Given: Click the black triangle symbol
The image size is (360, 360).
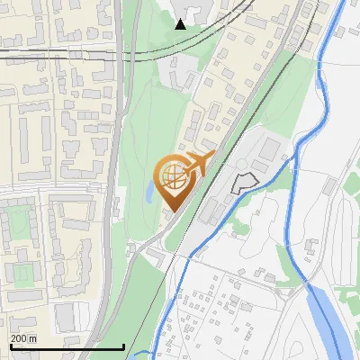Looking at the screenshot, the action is click(181, 23).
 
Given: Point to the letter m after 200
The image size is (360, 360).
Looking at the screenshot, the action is click(32, 338).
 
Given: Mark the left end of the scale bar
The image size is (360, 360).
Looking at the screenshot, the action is click(9, 346).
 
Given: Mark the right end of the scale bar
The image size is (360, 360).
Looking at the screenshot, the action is click(123, 346).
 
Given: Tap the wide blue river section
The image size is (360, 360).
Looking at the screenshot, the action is click(329, 324).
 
